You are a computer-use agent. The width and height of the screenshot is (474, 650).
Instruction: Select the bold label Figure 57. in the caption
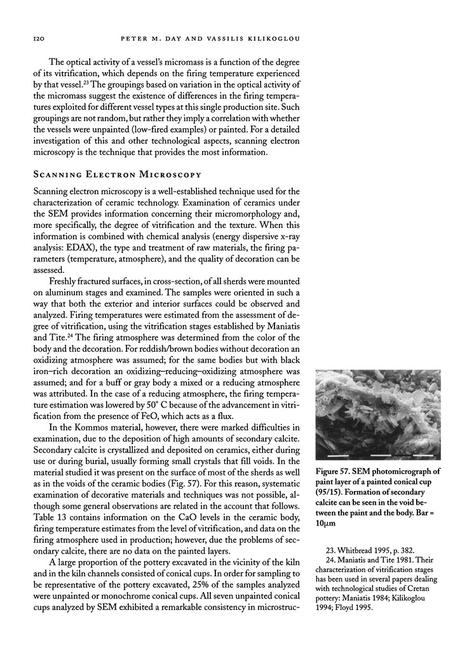click(x=337, y=472)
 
